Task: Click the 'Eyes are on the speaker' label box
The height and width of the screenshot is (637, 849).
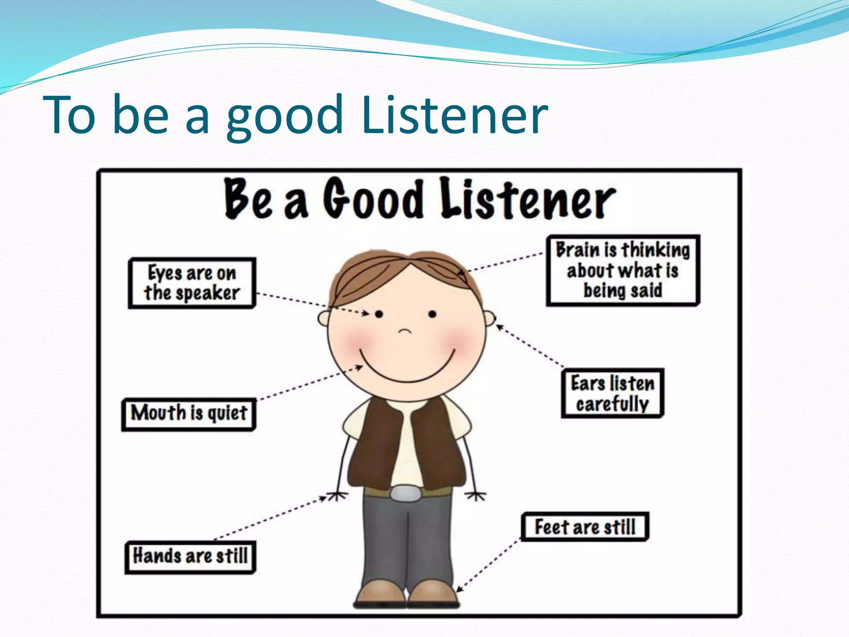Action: pos(192,283)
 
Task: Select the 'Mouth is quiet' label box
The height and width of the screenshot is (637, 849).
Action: pos(189,414)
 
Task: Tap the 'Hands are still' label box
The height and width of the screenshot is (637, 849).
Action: pos(190,557)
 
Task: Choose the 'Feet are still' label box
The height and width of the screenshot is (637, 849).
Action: pos(585,527)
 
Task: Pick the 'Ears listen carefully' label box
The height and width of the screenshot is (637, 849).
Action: pos(612,393)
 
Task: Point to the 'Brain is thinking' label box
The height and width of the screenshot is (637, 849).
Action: pos(623,270)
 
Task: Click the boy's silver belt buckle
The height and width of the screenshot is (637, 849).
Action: pos(405,494)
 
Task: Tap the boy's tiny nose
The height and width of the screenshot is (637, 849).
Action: pos(405,331)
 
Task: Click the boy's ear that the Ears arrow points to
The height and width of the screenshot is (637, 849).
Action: pos(490,318)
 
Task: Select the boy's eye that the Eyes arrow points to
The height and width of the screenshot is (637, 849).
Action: pos(379,314)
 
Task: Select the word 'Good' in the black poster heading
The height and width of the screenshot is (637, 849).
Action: pos(373,199)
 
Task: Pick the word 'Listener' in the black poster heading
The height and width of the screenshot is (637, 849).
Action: pos(526,200)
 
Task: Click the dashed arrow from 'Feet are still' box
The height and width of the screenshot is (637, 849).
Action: pos(488,565)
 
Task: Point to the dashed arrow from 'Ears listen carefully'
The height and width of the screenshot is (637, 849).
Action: pos(531,347)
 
